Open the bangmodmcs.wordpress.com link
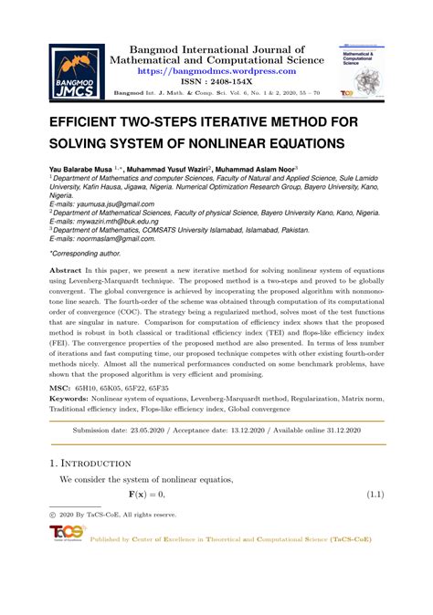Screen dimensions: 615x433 216,69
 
